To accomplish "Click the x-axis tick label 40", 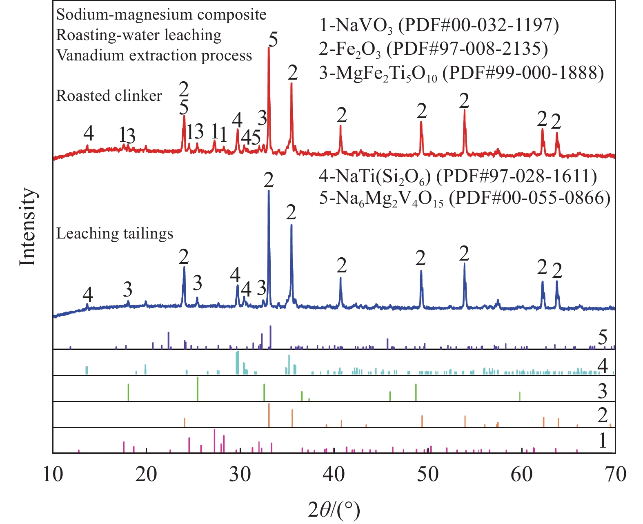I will coord(334,474).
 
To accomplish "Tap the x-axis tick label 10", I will coord(53,474).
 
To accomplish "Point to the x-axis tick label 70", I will coord(615,474).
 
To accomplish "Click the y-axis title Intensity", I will coord(28,227).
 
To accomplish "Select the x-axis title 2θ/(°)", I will coord(334,510).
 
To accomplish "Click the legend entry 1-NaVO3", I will coord(438,25).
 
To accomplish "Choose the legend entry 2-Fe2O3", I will coord(433,49).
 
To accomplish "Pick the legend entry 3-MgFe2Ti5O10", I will coord(461,74).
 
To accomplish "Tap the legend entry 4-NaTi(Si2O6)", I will coord(458,176).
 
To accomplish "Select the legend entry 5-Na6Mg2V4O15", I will coord(465,199).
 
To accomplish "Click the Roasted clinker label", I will coord(109,96).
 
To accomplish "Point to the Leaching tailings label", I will coord(115,234).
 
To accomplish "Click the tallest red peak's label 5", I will coord(273,40).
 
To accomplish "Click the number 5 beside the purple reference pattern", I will coord(603,338).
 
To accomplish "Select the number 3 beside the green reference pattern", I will coord(603,391).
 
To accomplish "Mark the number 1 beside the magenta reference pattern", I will coord(603,441).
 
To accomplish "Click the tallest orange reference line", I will coord(269,415).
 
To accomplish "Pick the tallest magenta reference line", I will coord(214,441).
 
